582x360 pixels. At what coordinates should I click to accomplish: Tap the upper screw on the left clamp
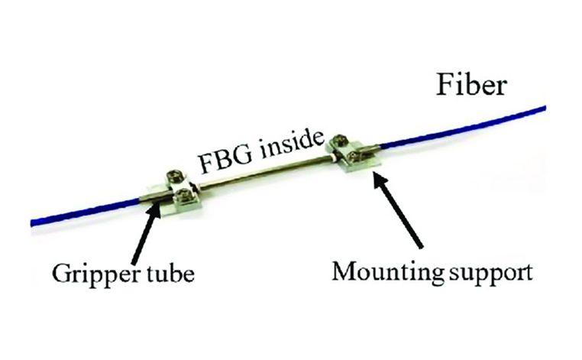pos(176,177)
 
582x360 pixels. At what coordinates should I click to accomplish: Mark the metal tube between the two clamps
pos(260,173)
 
